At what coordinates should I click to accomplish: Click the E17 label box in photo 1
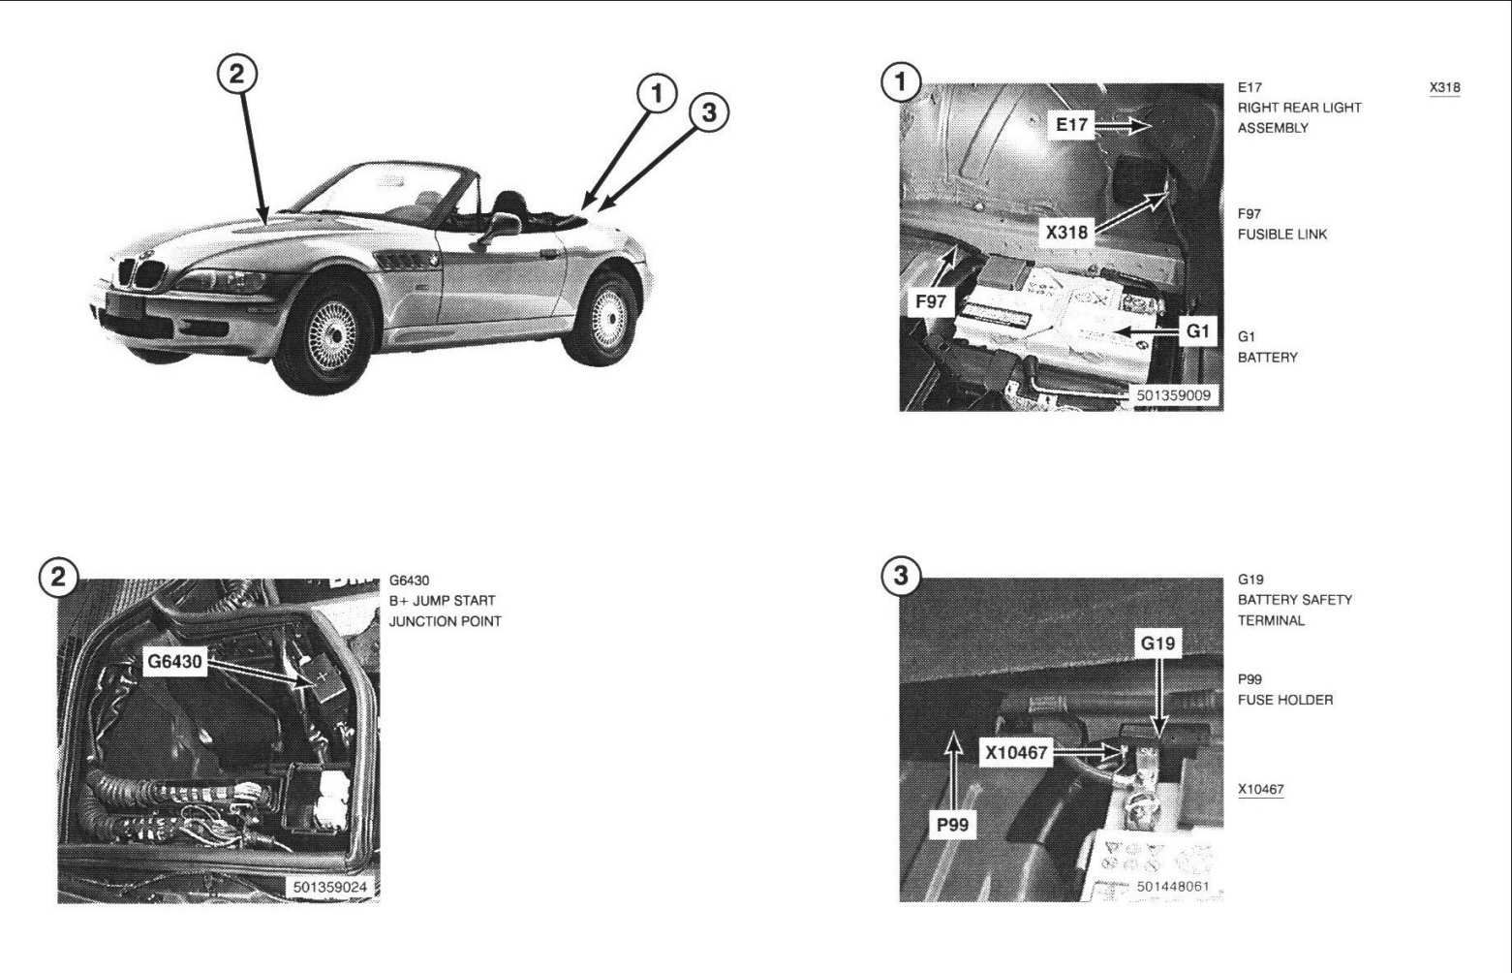[1071, 125]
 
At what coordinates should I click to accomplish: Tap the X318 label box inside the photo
[1066, 233]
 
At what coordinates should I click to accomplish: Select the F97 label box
[930, 301]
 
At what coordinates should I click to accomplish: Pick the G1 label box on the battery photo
[1197, 330]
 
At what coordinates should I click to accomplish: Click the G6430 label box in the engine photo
[174, 661]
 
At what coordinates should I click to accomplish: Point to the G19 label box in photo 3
[1157, 643]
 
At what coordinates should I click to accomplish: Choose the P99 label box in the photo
[952, 825]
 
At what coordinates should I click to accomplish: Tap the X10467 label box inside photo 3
[1016, 751]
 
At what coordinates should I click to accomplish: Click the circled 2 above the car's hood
[237, 74]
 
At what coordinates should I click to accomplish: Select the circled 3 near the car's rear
[709, 112]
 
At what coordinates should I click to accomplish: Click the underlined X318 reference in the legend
[1444, 88]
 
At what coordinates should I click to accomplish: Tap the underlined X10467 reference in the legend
[1261, 789]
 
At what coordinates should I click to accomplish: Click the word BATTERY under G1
[1268, 358]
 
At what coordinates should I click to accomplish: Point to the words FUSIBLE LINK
[1282, 235]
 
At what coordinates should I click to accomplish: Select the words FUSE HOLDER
[1285, 701]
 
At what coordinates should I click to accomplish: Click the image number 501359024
[330, 887]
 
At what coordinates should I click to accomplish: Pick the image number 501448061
[1172, 886]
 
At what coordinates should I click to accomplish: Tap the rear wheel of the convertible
[602, 318]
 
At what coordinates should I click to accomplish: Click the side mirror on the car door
[501, 226]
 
